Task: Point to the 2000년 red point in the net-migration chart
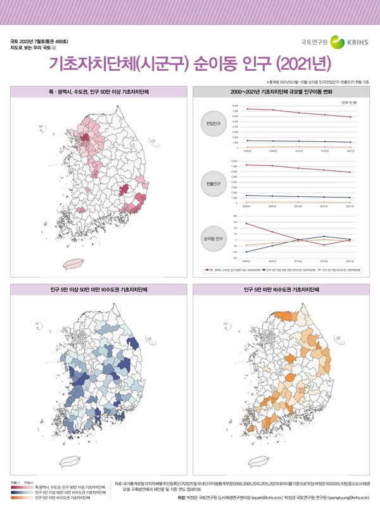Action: [x=246, y=223]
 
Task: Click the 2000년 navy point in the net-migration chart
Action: [x=246, y=252]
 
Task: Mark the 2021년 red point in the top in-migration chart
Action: [x=350, y=117]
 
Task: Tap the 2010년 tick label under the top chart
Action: [x=298, y=151]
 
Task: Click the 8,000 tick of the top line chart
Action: [x=236, y=106]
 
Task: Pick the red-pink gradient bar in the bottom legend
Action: [x=19, y=487]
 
